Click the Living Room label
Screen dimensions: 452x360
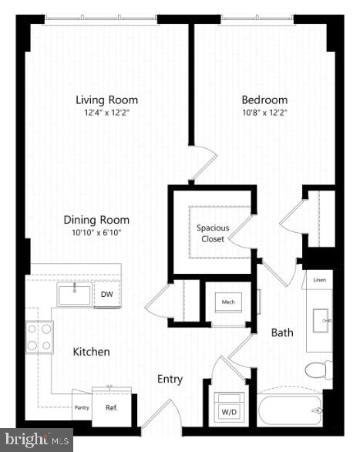[x=106, y=100]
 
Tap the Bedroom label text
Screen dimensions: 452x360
[x=264, y=100]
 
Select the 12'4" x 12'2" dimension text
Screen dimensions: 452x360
[x=106, y=112]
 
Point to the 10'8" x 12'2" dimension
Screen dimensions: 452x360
[x=264, y=112]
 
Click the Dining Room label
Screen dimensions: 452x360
[x=96, y=220]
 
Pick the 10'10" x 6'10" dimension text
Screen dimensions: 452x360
[x=96, y=232]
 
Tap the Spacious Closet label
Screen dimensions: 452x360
[x=212, y=233]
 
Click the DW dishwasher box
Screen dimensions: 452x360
[x=106, y=294]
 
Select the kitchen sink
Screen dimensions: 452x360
[x=74, y=294]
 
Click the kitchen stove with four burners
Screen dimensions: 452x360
[x=39, y=336]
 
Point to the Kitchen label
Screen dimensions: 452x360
[x=91, y=352]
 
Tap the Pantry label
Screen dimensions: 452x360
[x=82, y=407]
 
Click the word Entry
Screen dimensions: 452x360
[x=170, y=379]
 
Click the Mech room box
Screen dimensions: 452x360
[x=228, y=302]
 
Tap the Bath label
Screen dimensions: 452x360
[x=281, y=333]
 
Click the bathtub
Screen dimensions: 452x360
[x=290, y=409]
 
